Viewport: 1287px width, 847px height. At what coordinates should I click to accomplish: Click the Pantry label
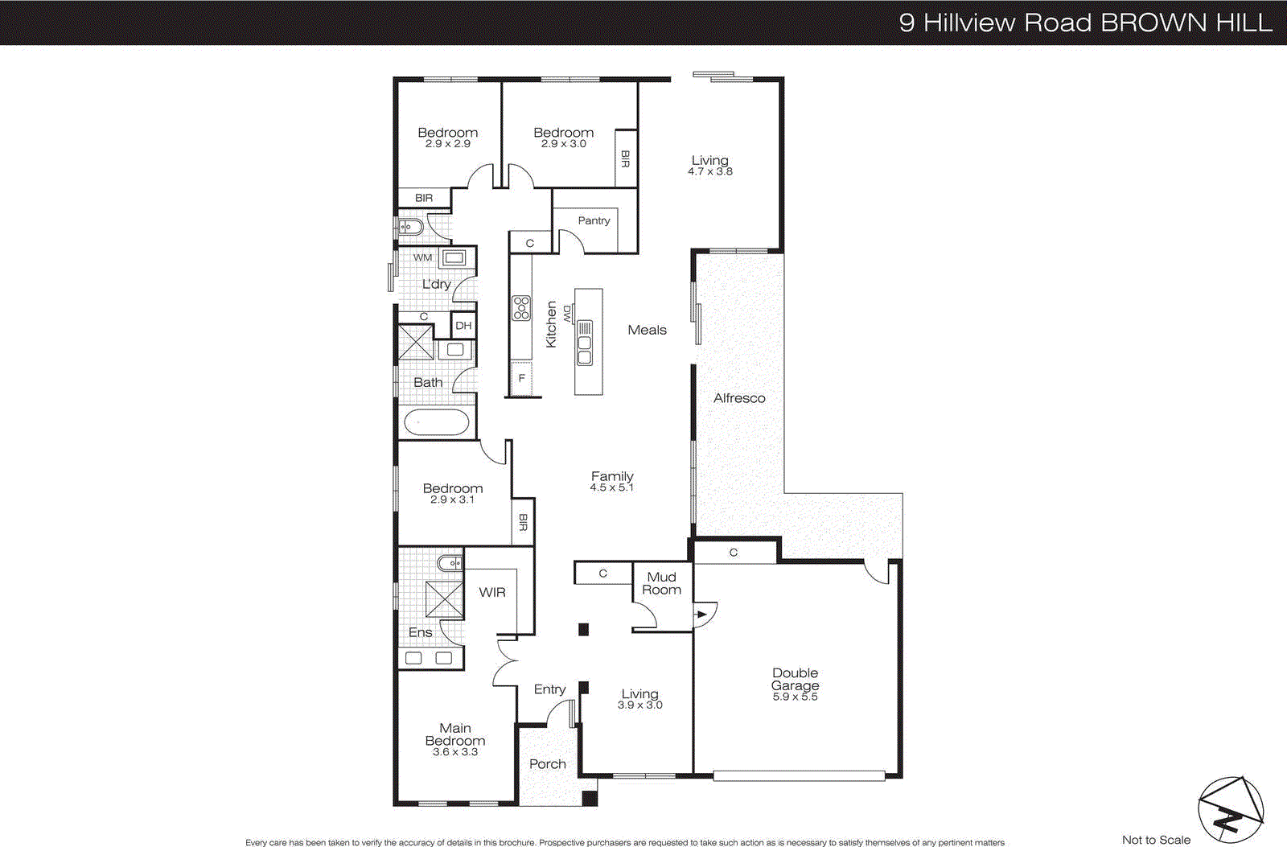pyautogui.click(x=594, y=220)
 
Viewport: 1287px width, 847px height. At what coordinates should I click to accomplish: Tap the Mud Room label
pyautogui.click(x=661, y=583)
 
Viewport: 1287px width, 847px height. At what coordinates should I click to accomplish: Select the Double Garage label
pyautogui.click(x=795, y=679)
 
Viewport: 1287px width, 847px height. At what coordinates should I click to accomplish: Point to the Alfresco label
pyautogui.click(x=739, y=398)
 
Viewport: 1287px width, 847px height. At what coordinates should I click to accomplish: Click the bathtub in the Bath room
pyautogui.click(x=436, y=423)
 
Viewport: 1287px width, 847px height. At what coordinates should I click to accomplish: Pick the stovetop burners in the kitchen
pyautogui.click(x=521, y=307)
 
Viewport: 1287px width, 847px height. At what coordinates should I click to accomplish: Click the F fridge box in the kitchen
pyautogui.click(x=522, y=378)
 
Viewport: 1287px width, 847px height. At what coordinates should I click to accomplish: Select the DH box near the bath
pyautogui.click(x=463, y=326)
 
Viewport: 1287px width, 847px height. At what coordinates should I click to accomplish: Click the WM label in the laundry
pyautogui.click(x=423, y=257)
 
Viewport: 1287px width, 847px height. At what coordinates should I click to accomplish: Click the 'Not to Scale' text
pyautogui.click(x=1156, y=840)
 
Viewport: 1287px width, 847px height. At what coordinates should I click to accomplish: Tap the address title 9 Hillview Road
pyautogui.click(x=1085, y=23)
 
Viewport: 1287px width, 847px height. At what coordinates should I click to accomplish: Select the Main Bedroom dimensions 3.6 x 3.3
pyautogui.click(x=455, y=752)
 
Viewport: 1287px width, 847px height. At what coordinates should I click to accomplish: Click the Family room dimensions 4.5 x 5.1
pyautogui.click(x=612, y=487)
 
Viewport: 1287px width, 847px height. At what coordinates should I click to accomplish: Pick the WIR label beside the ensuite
pyautogui.click(x=492, y=592)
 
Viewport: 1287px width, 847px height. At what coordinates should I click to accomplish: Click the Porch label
pyautogui.click(x=548, y=764)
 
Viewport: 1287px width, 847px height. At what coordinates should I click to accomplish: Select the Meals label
pyautogui.click(x=648, y=330)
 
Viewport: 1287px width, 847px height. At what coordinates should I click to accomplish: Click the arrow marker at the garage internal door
pyautogui.click(x=701, y=615)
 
